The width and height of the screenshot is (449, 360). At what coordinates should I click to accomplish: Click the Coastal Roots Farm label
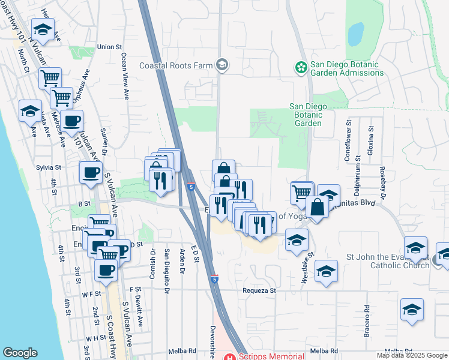(176, 65)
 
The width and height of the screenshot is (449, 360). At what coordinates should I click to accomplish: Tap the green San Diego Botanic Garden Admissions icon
(300, 65)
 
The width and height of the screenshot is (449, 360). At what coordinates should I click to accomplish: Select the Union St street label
(109, 46)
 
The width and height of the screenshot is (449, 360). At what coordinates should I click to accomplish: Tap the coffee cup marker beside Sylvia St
(91, 173)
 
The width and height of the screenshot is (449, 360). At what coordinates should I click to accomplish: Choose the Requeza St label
(259, 290)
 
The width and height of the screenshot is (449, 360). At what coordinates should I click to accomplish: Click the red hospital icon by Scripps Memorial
(228, 356)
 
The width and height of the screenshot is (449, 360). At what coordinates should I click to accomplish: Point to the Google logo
(20, 353)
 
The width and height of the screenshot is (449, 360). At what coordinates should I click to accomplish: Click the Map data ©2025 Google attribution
(411, 355)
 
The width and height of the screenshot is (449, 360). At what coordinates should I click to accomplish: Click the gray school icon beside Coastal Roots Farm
(222, 65)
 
